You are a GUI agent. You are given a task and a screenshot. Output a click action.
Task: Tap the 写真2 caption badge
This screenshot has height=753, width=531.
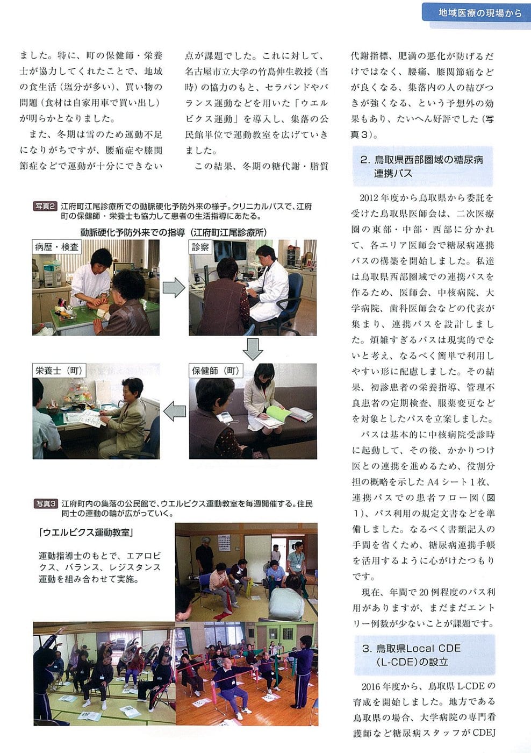(45, 206)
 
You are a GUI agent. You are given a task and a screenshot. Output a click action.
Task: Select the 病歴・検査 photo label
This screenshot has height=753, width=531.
(56, 247)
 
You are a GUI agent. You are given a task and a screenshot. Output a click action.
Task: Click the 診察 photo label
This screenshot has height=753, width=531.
(200, 247)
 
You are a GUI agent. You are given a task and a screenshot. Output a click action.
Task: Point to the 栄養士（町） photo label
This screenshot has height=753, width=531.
(59, 371)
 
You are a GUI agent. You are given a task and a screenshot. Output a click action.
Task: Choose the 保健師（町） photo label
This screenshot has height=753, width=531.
(216, 371)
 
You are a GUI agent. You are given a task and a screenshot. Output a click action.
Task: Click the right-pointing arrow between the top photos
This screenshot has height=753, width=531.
(174, 288)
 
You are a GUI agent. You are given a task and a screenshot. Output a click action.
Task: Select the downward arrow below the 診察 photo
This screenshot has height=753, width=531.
(253, 349)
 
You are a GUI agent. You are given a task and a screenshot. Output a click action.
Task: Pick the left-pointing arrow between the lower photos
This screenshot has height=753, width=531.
(175, 411)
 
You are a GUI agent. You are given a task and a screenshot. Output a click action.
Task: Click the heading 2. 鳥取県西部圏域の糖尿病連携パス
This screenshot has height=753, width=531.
(422, 166)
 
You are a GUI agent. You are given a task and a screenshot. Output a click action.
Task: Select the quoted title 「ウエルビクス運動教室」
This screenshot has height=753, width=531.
(87, 532)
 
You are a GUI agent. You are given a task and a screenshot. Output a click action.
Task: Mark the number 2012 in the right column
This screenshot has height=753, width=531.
(369, 198)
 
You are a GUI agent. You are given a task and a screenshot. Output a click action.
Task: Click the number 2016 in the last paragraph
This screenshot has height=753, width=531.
(371, 686)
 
